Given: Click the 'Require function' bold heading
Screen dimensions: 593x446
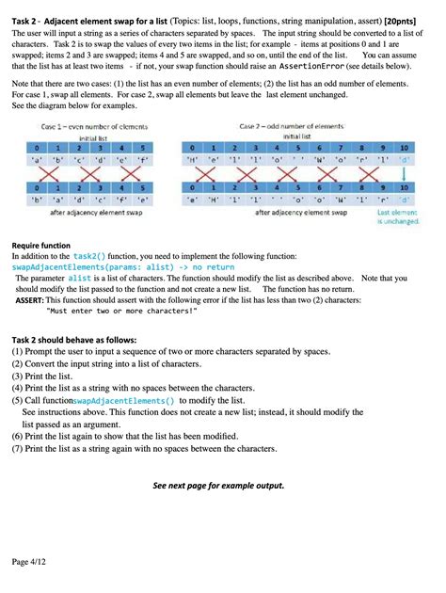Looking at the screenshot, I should click(x=42, y=246).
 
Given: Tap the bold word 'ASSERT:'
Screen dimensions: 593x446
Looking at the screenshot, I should click(x=33, y=299).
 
